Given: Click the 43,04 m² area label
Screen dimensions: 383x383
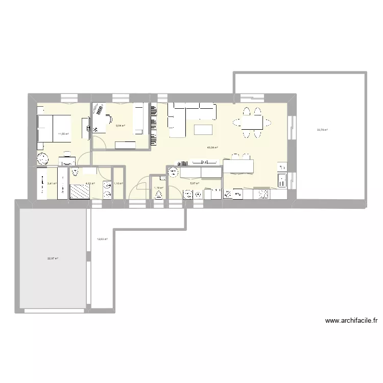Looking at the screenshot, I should pos(212,148).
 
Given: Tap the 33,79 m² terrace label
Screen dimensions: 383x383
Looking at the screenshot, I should pos(322,130).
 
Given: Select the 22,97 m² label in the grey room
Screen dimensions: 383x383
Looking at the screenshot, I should pos(53,258).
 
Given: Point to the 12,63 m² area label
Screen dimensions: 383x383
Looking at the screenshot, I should pos(102,238).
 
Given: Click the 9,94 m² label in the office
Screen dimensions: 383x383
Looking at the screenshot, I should pos(121,125).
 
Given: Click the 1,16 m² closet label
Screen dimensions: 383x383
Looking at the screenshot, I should pos(118,183).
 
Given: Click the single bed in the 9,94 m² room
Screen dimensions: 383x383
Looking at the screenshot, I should pos(139,118).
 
